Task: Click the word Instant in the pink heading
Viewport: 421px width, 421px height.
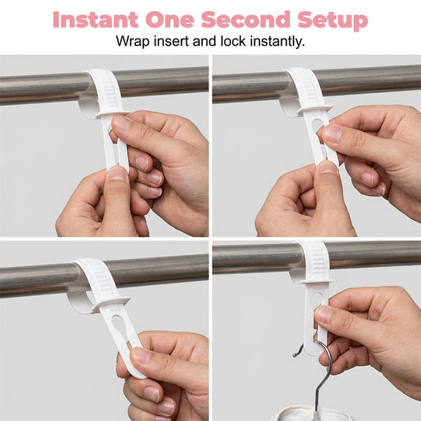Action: click(x=96, y=20)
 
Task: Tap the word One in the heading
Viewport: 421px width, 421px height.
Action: click(x=170, y=20)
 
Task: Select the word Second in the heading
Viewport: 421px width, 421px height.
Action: click(x=246, y=20)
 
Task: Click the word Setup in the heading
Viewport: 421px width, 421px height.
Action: click(x=333, y=21)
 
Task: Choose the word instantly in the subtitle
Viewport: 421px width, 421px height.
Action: click(x=277, y=42)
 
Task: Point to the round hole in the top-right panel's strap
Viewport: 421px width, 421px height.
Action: click(x=318, y=125)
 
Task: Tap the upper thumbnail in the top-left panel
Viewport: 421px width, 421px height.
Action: click(x=121, y=122)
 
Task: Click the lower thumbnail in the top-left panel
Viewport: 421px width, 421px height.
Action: click(x=118, y=174)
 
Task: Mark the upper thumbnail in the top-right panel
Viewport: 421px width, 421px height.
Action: click(x=332, y=133)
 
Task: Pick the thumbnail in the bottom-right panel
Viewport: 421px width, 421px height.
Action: click(x=324, y=314)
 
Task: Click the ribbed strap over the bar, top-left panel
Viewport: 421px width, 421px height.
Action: click(x=106, y=91)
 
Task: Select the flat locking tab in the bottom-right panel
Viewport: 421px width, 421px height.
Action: click(x=318, y=281)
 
